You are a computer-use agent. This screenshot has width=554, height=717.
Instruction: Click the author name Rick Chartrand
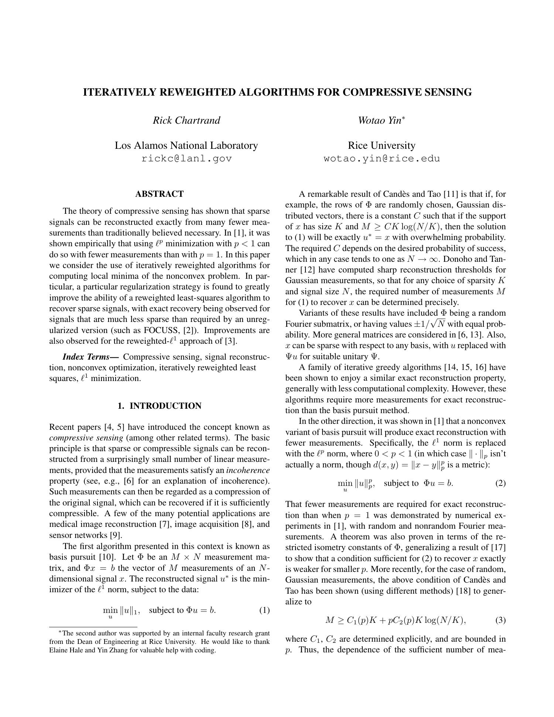click(x=187, y=120)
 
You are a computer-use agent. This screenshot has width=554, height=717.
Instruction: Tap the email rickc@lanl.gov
click(x=187, y=159)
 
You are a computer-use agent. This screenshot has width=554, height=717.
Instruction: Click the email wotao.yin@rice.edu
click(x=382, y=159)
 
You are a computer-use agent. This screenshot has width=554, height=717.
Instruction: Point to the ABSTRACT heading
click(x=159, y=194)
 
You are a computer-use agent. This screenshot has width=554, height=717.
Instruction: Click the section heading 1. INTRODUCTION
click(x=159, y=406)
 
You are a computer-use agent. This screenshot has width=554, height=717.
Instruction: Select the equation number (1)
click(x=264, y=610)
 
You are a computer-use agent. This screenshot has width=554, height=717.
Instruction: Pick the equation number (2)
click(x=500, y=483)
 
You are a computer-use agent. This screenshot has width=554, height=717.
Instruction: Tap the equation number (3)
click(x=500, y=620)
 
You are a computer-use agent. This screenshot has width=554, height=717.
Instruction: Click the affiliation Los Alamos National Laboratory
click(x=186, y=145)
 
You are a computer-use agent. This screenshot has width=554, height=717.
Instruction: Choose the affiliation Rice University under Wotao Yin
click(x=382, y=145)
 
